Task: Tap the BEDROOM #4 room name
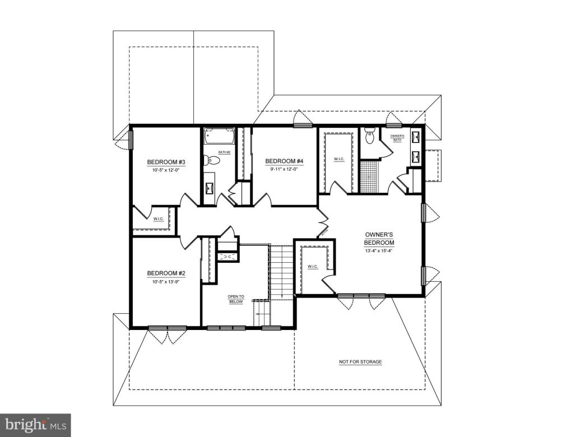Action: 284,161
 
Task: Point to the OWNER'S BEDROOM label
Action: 379,239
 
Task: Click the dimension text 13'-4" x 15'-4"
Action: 379,251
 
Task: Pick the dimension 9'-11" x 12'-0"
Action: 284,169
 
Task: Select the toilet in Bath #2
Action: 211,161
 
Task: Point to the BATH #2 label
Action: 224,152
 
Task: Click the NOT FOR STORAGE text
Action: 360,362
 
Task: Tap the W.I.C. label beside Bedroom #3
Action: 158,218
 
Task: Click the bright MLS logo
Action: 35,425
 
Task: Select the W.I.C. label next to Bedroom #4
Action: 339,159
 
